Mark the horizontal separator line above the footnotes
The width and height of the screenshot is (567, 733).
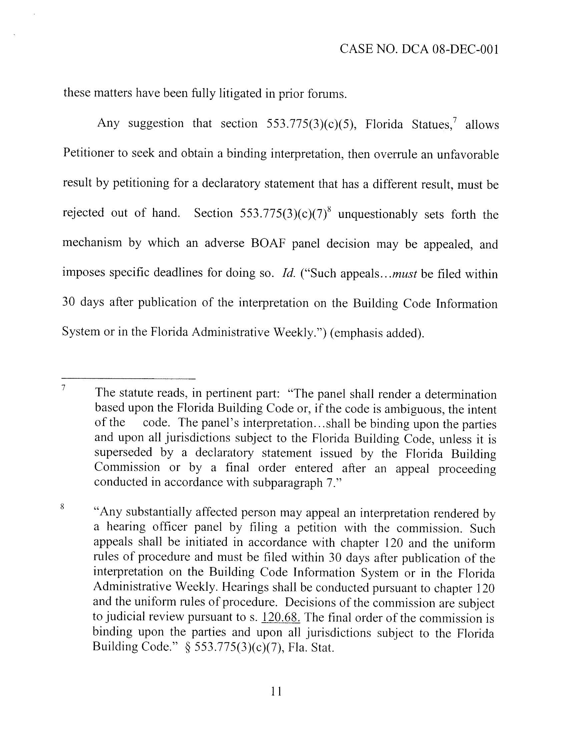click(x=129, y=379)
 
